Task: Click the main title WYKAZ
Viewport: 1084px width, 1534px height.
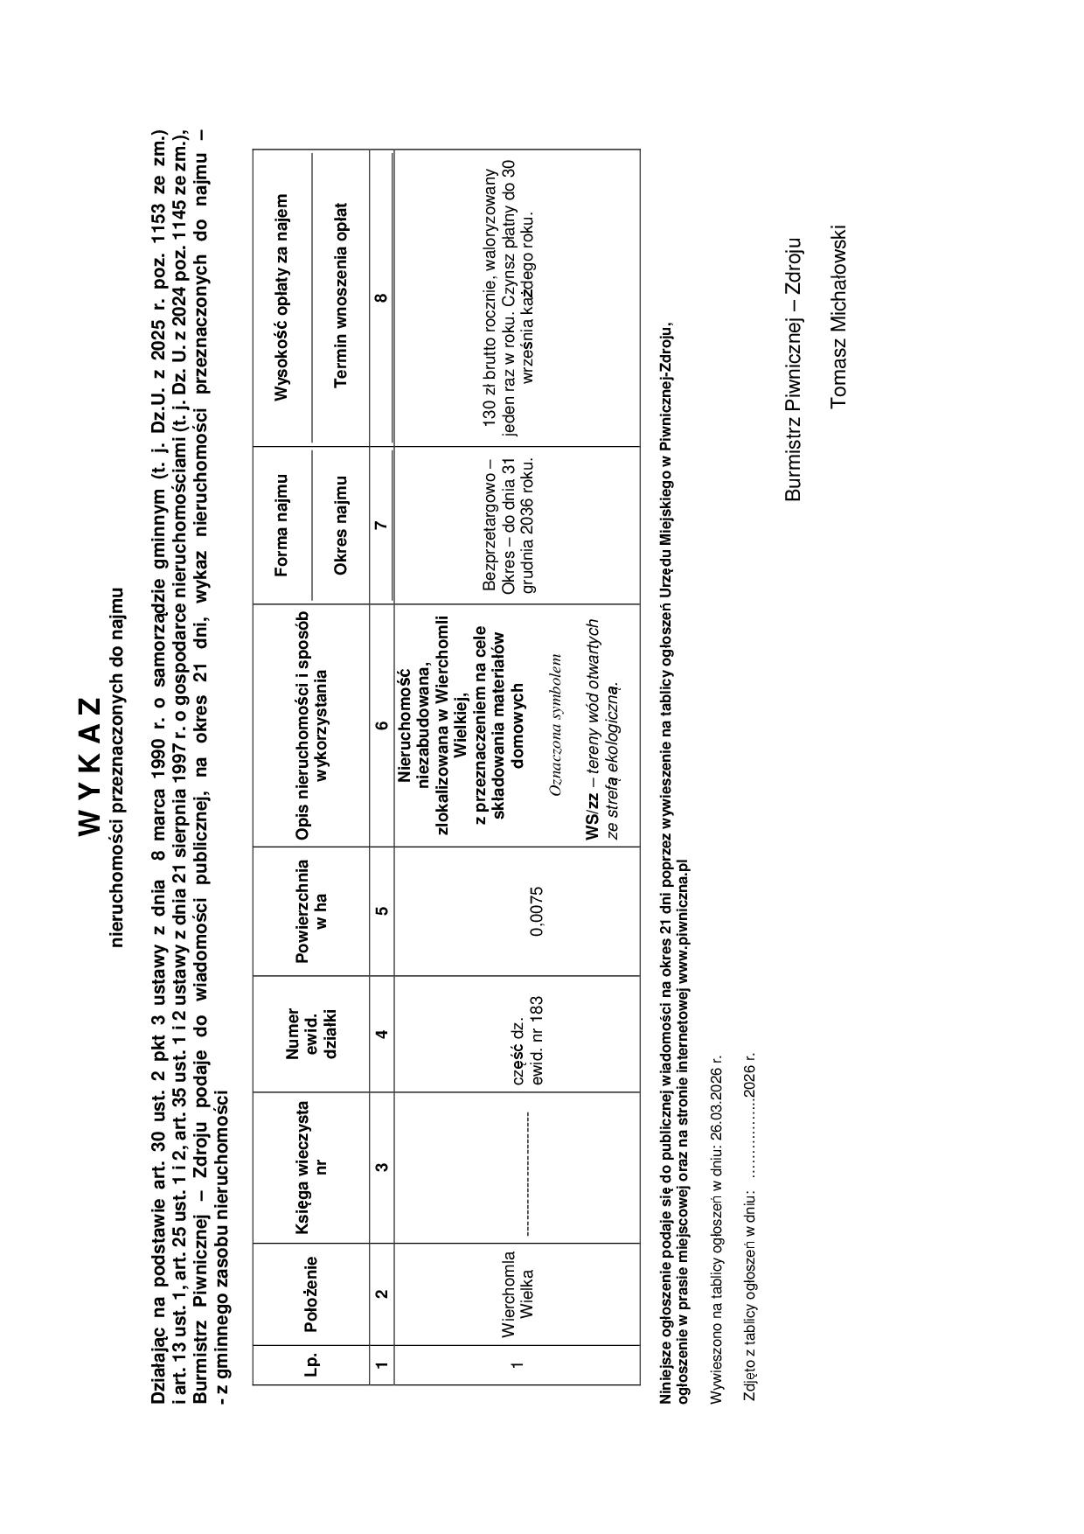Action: tap(91, 765)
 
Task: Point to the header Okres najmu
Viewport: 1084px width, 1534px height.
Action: tap(341, 525)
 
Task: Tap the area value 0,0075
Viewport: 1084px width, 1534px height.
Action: tap(537, 910)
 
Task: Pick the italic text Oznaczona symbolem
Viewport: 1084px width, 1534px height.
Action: tap(553, 725)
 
